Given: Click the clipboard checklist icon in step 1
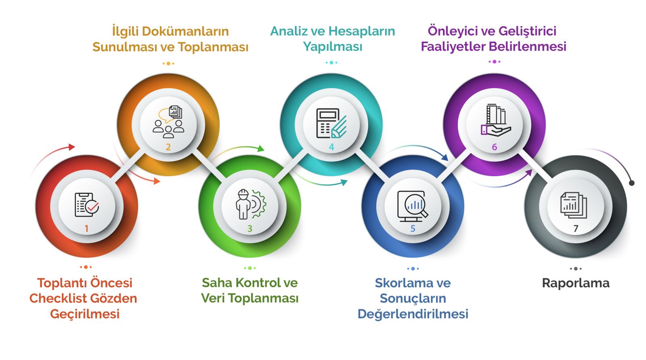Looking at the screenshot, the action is coord(86,205).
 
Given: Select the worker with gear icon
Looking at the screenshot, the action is coord(250,204).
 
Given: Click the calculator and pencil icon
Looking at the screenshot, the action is coord(331,123).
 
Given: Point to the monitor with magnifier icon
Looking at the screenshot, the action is coord(413,206).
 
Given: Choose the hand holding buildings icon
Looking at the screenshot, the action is coord(495,120).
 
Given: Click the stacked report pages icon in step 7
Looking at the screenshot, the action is coord(574,205).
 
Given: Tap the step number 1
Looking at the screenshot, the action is coord(86,229).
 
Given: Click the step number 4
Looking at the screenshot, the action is coord(331,147).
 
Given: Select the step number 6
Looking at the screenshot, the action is coord(494,147).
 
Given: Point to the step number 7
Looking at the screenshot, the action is coord(576,229).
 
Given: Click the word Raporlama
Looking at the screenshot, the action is coord(576,283).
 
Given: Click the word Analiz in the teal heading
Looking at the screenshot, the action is coord(290,31).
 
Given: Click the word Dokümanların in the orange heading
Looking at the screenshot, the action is coord(185,32).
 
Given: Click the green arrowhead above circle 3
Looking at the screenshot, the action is coord(261,148).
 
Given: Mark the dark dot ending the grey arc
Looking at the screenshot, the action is coord(631,183).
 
